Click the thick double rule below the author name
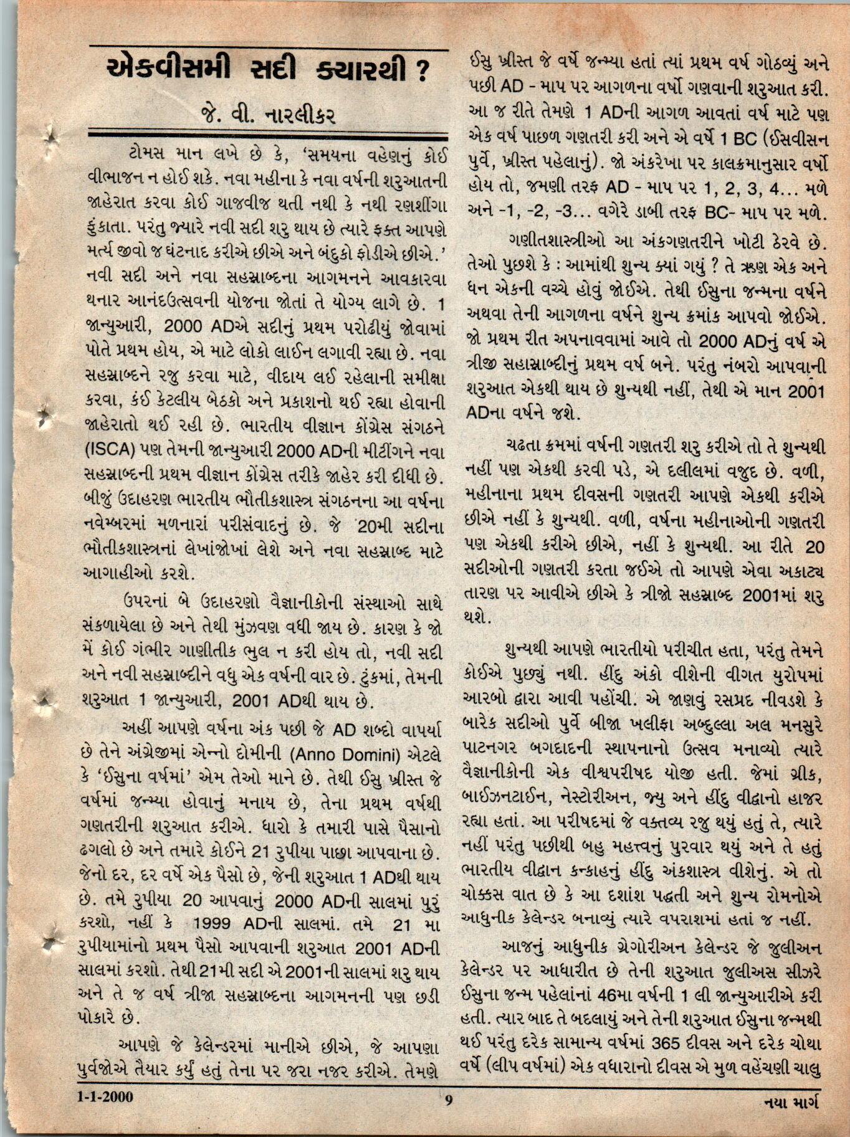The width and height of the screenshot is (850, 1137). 269,136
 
